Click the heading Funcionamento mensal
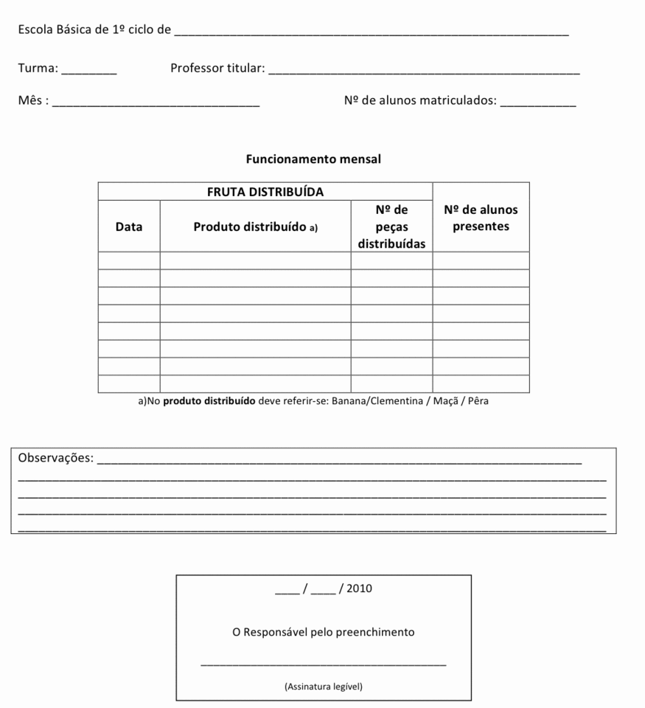click(x=313, y=159)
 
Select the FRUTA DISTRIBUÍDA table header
click(x=265, y=192)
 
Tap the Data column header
click(x=129, y=227)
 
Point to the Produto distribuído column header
click(x=255, y=227)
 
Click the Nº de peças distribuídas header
click(x=391, y=226)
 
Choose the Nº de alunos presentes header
click(x=481, y=218)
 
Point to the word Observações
click(x=55, y=459)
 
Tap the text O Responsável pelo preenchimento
click(x=324, y=632)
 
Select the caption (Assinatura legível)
click(x=324, y=686)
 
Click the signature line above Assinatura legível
click(x=324, y=665)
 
